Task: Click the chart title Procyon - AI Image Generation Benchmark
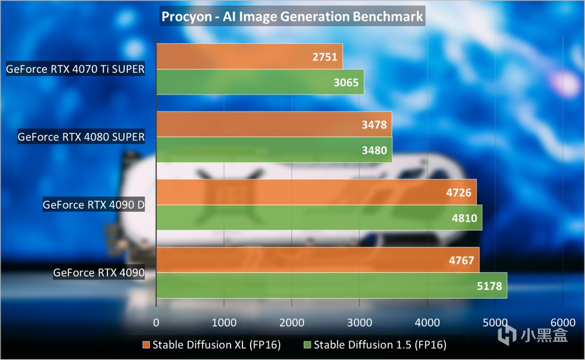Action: click(292, 17)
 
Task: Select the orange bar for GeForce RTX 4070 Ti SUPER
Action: click(249, 57)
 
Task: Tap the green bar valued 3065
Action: click(260, 82)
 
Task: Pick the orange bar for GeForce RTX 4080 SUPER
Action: click(273, 124)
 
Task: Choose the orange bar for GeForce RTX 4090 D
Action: click(316, 192)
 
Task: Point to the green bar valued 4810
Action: click(319, 218)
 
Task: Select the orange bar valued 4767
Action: click(317, 260)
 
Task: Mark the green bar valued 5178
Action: click(331, 285)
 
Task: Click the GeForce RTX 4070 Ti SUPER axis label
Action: click(76, 69)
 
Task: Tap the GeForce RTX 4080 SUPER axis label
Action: click(81, 137)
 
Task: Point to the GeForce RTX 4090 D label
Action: click(94, 205)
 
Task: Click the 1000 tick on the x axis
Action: click(224, 322)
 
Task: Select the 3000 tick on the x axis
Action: click(359, 322)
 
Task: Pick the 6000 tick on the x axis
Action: click(563, 322)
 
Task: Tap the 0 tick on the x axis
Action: click(156, 322)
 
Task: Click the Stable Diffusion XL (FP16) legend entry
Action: click(212, 345)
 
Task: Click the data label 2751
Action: click(326, 57)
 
